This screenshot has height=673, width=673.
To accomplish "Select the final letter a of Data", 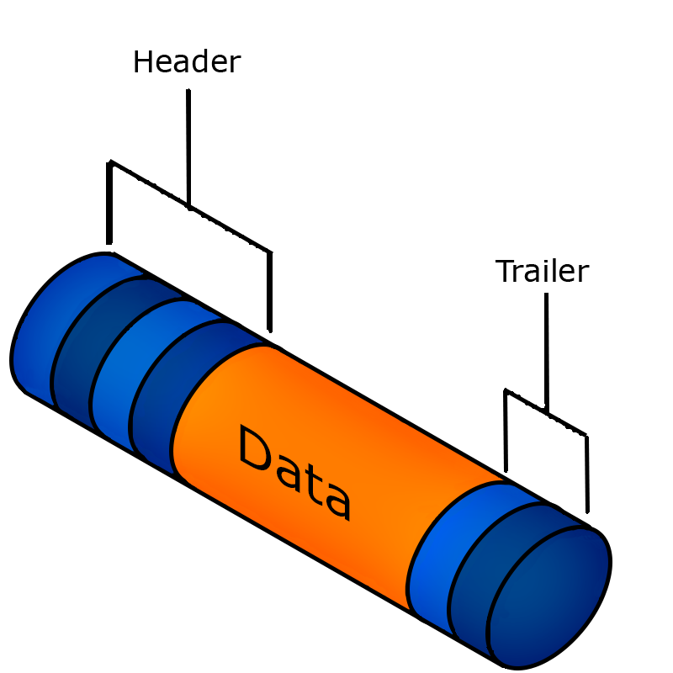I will coord(336,501).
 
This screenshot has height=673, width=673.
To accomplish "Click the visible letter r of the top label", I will coord(233,63).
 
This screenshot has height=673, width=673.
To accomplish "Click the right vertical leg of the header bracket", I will coord(271,290).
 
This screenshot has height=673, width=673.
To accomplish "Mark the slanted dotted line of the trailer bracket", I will coord(547,412).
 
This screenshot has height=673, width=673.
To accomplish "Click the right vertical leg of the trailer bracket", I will coord(586,475).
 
